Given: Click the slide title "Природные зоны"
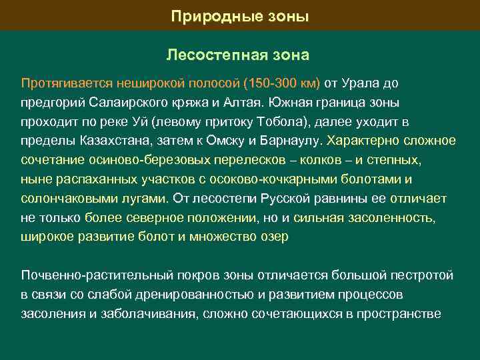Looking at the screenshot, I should (240, 15).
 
